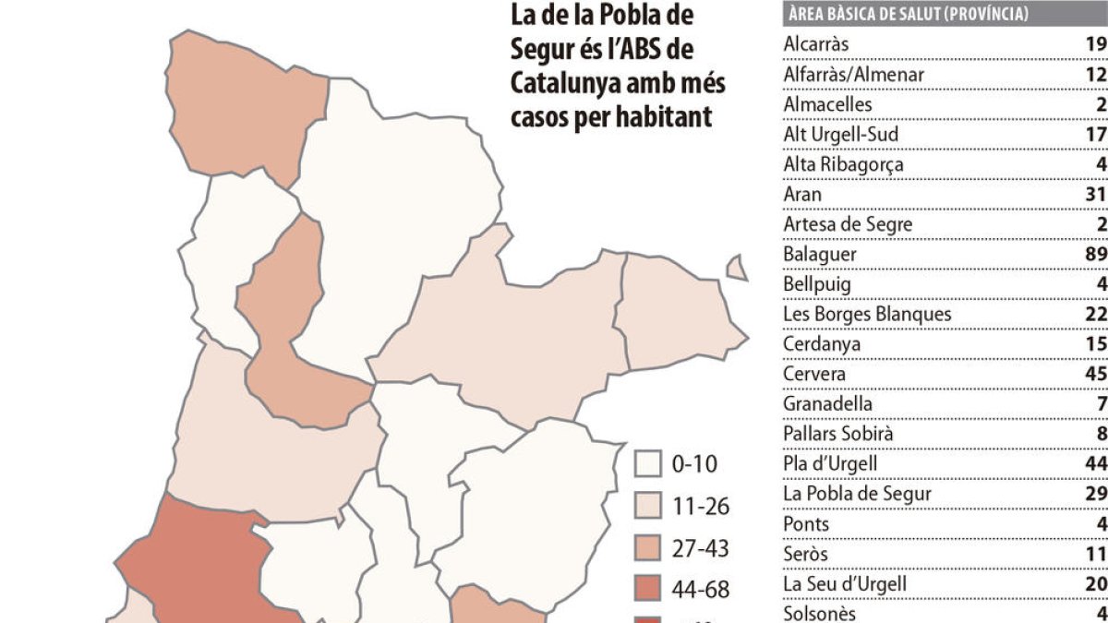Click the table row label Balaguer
coord(820,254)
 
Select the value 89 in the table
coord(1096,254)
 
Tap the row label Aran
coord(802,194)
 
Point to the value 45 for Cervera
coord(1096,374)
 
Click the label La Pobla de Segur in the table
coord(857,494)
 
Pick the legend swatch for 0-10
coord(650,464)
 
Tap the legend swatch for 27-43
coord(650,549)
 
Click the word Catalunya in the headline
coord(567,83)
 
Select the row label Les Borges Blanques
coord(867,314)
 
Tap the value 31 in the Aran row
coord(1096,194)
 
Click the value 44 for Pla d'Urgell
coord(1096,463)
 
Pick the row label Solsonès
coord(820,614)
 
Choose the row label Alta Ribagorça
coord(843,164)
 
